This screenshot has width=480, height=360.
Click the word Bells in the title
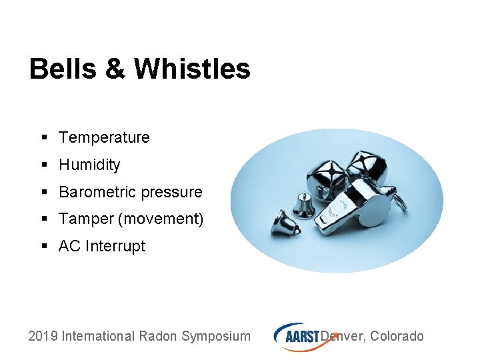pos(62,69)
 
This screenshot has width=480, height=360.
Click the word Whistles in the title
pos(192,69)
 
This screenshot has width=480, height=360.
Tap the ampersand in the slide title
pos(115,69)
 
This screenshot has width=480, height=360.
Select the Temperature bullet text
pos(104,137)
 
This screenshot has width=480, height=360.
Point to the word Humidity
pos(89,165)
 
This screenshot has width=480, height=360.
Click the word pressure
pos(171,192)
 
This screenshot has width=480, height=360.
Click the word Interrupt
pos(114,246)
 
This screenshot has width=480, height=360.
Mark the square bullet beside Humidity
pos(43,165)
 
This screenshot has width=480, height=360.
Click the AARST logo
pos(297,335)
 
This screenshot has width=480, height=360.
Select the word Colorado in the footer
pos(397,336)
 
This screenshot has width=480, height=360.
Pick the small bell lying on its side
pos(285,222)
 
